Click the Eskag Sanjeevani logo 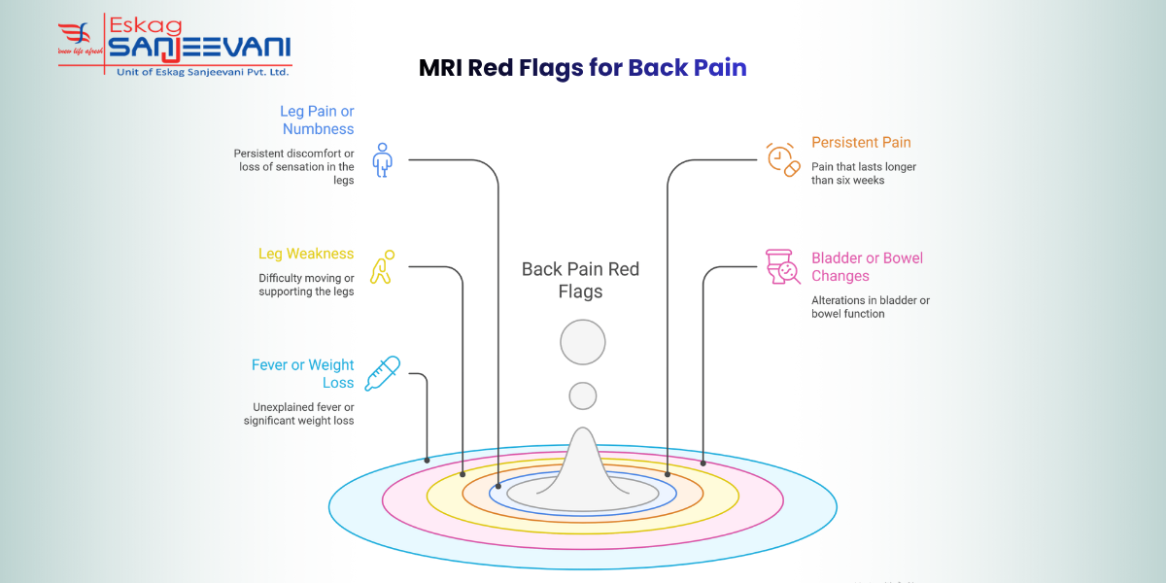pyautogui.click(x=175, y=46)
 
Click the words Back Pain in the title pyautogui.click(x=687, y=68)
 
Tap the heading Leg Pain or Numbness pyautogui.click(x=317, y=120)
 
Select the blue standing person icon pyautogui.click(x=383, y=159)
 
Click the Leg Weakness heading pyautogui.click(x=306, y=254)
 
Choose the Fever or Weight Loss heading pyautogui.click(x=303, y=374)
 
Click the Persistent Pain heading pyautogui.click(x=861, y=142)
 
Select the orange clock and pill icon pyautogui.click(x=782, y=159)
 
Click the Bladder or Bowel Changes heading pyautogui.click(x=867, y=267)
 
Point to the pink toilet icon pyautogui.click(x=782, y=266)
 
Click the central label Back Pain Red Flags pyautogui.click(x=581, y=281)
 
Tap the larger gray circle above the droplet pyautogui.click(x=583, y=342)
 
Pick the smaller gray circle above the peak pyautogui.click(x=583, y=395)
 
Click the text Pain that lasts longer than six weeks pyautogui.click(x=863, y=174)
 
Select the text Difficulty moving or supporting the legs pyautogui.click(x=306, y=285)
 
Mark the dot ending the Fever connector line pyautogui.click(x=427, y=459)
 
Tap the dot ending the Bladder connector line pyautogui.click(x=703, y=463)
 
